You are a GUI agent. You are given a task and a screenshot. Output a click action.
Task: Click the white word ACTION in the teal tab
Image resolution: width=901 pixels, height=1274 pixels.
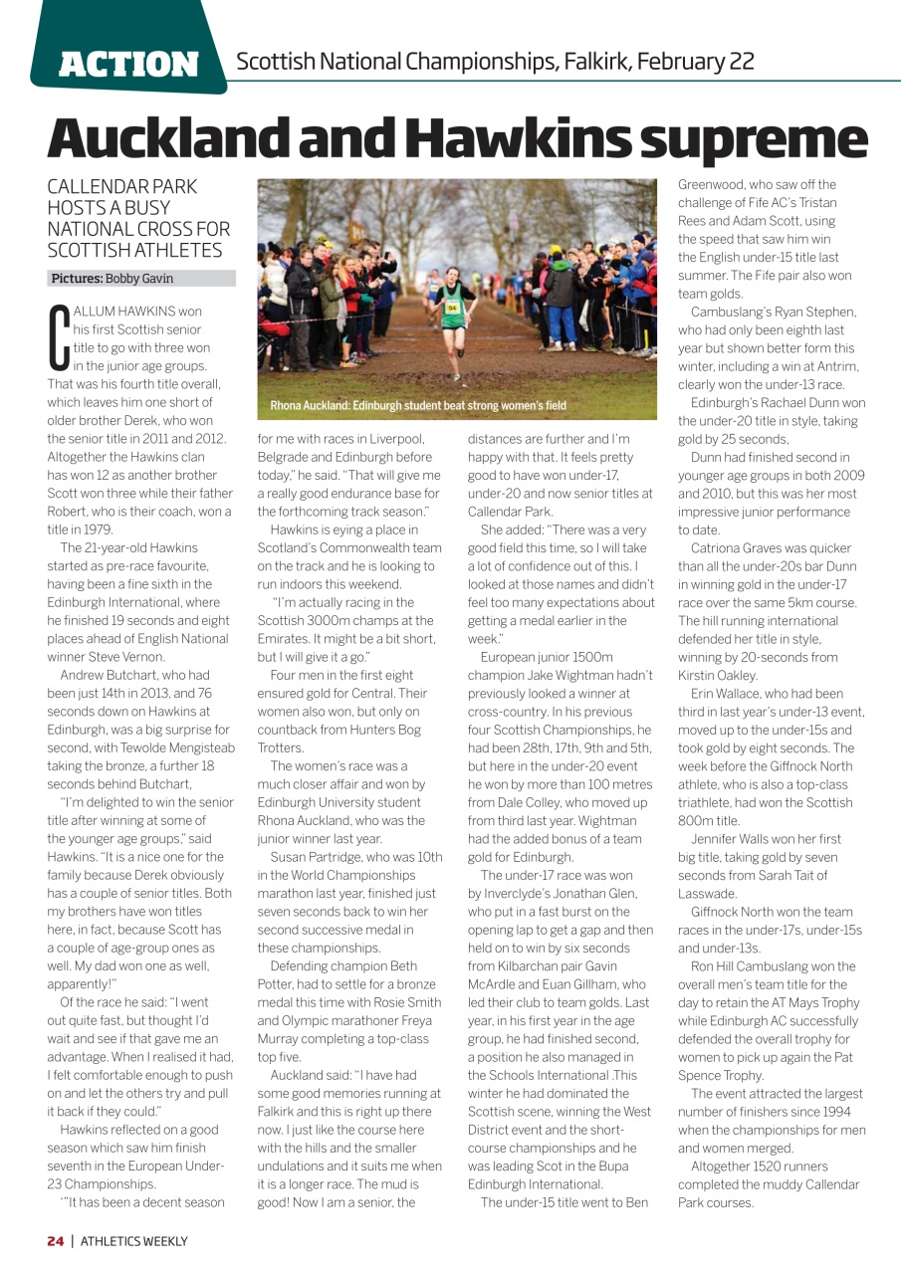[129, 65]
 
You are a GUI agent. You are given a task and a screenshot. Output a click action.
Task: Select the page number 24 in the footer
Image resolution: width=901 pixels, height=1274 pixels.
[56, 1241]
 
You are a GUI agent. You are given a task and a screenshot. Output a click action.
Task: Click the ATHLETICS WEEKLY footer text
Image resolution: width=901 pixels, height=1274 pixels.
[134, 1241]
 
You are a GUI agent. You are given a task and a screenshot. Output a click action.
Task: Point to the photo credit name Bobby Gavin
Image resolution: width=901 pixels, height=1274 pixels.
[139, 279]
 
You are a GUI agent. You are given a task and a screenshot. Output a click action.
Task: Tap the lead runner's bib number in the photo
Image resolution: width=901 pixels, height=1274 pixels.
[452, 308]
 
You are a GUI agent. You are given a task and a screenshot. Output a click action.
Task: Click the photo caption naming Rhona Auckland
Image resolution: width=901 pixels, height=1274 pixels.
[418, 406]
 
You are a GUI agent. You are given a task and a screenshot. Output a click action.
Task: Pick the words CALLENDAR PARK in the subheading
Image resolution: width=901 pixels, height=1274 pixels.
[122, 187]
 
